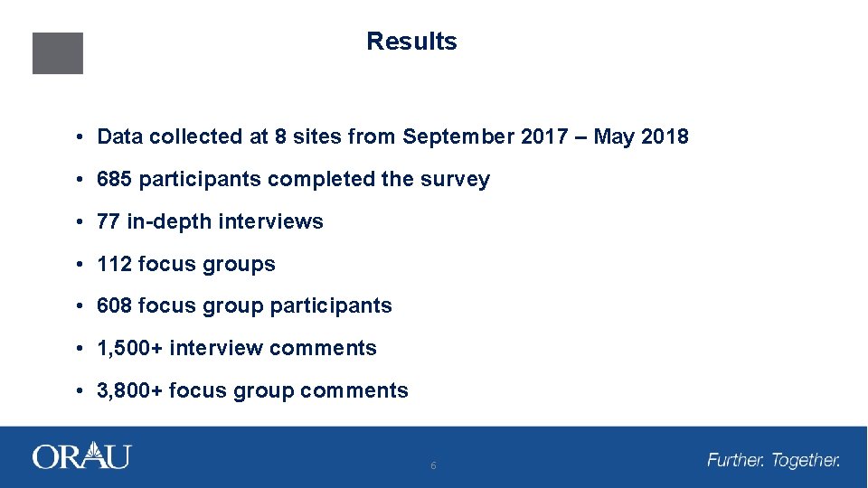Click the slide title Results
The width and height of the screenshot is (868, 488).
click(x=411, y=42)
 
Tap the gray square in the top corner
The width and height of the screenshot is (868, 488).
click(x=58, y=53)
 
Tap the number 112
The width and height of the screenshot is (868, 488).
click(x=114, y=264)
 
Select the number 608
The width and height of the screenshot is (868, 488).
click(x=115, y=305)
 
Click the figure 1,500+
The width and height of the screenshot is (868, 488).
click(x=130, y=348)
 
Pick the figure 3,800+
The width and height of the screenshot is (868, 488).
click(x=130, y=390)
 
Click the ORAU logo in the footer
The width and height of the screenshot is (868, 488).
click(x=81, y=456)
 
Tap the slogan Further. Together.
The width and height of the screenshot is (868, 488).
click(x=773, y=461)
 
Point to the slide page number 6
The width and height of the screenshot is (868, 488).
click(x=433, y=466)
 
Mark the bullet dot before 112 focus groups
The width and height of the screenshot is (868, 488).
click(x=80, y=264)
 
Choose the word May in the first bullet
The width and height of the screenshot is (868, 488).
click(x=615, y=137)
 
